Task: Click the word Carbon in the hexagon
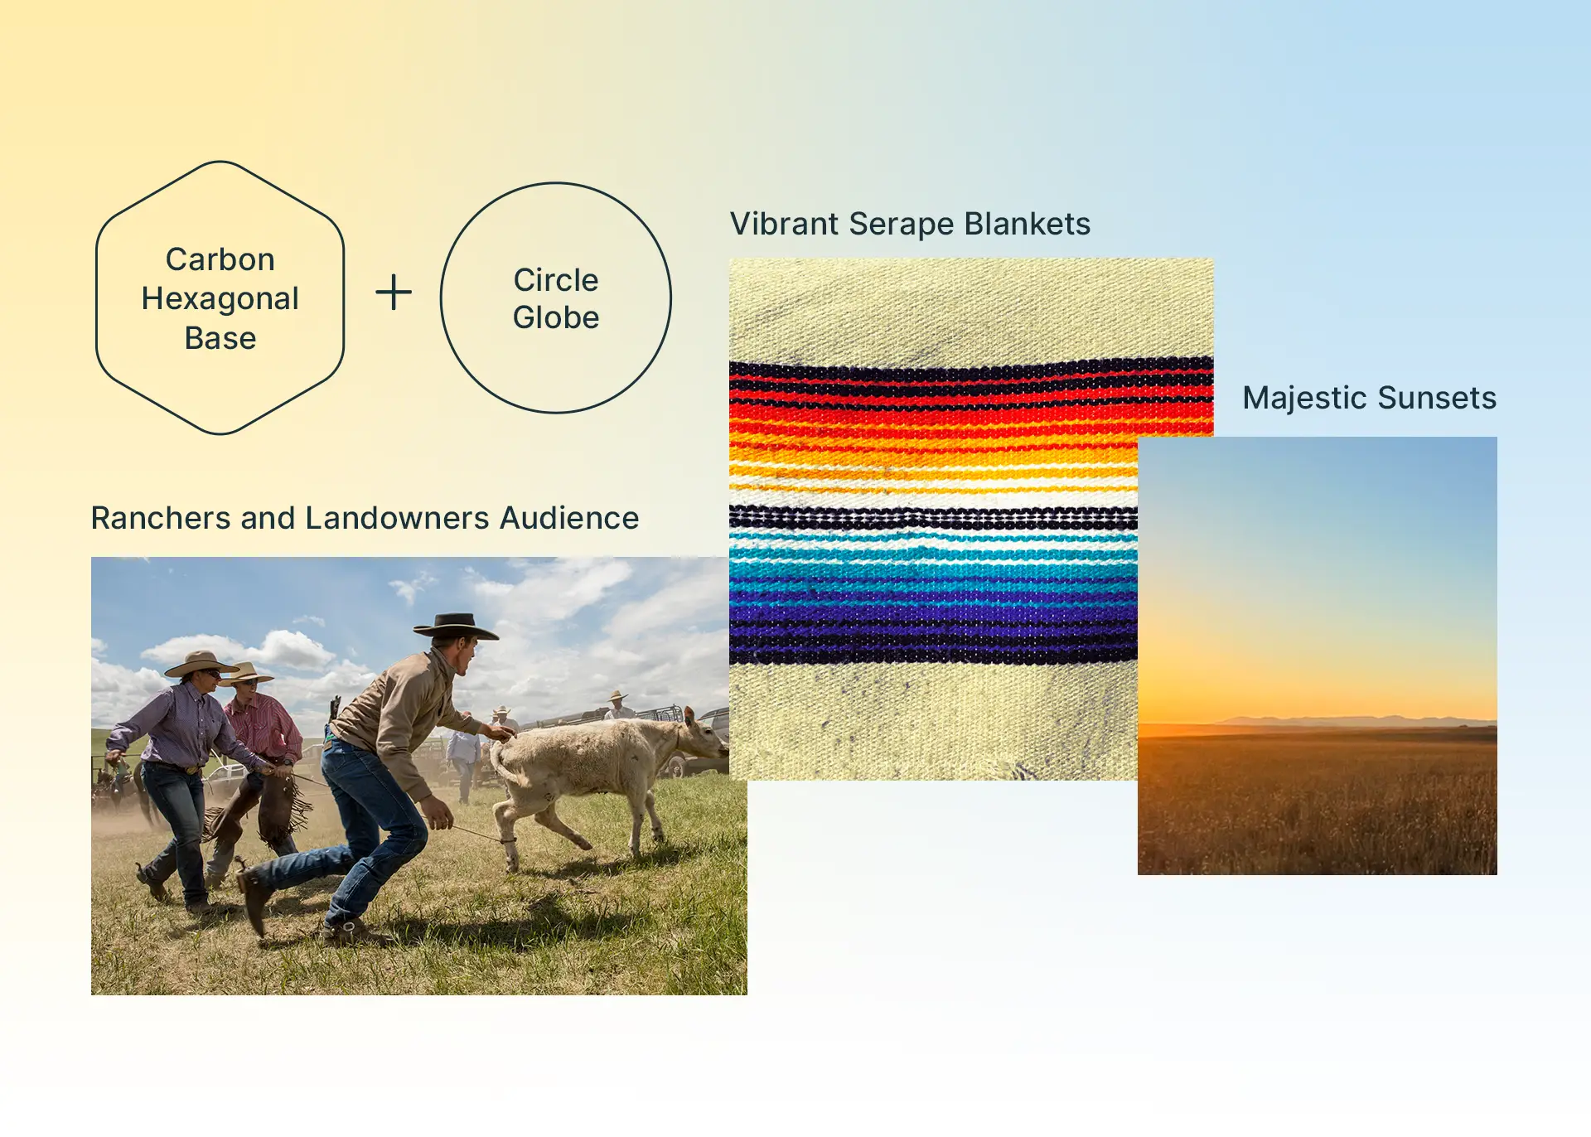click(220, 259)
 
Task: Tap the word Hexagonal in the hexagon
click(220, 299)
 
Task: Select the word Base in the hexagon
click(220, 338)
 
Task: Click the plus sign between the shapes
click(394, 293)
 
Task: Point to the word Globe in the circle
click(556, 317)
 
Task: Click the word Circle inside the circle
click(556, 280)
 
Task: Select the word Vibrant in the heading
click(785, 224)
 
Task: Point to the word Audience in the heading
click(569, 518)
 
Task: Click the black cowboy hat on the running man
click(456, 627)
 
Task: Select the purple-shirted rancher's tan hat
click(200, 664)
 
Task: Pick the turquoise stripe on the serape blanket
click(933, 554)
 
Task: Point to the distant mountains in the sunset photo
click(1359, 721)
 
